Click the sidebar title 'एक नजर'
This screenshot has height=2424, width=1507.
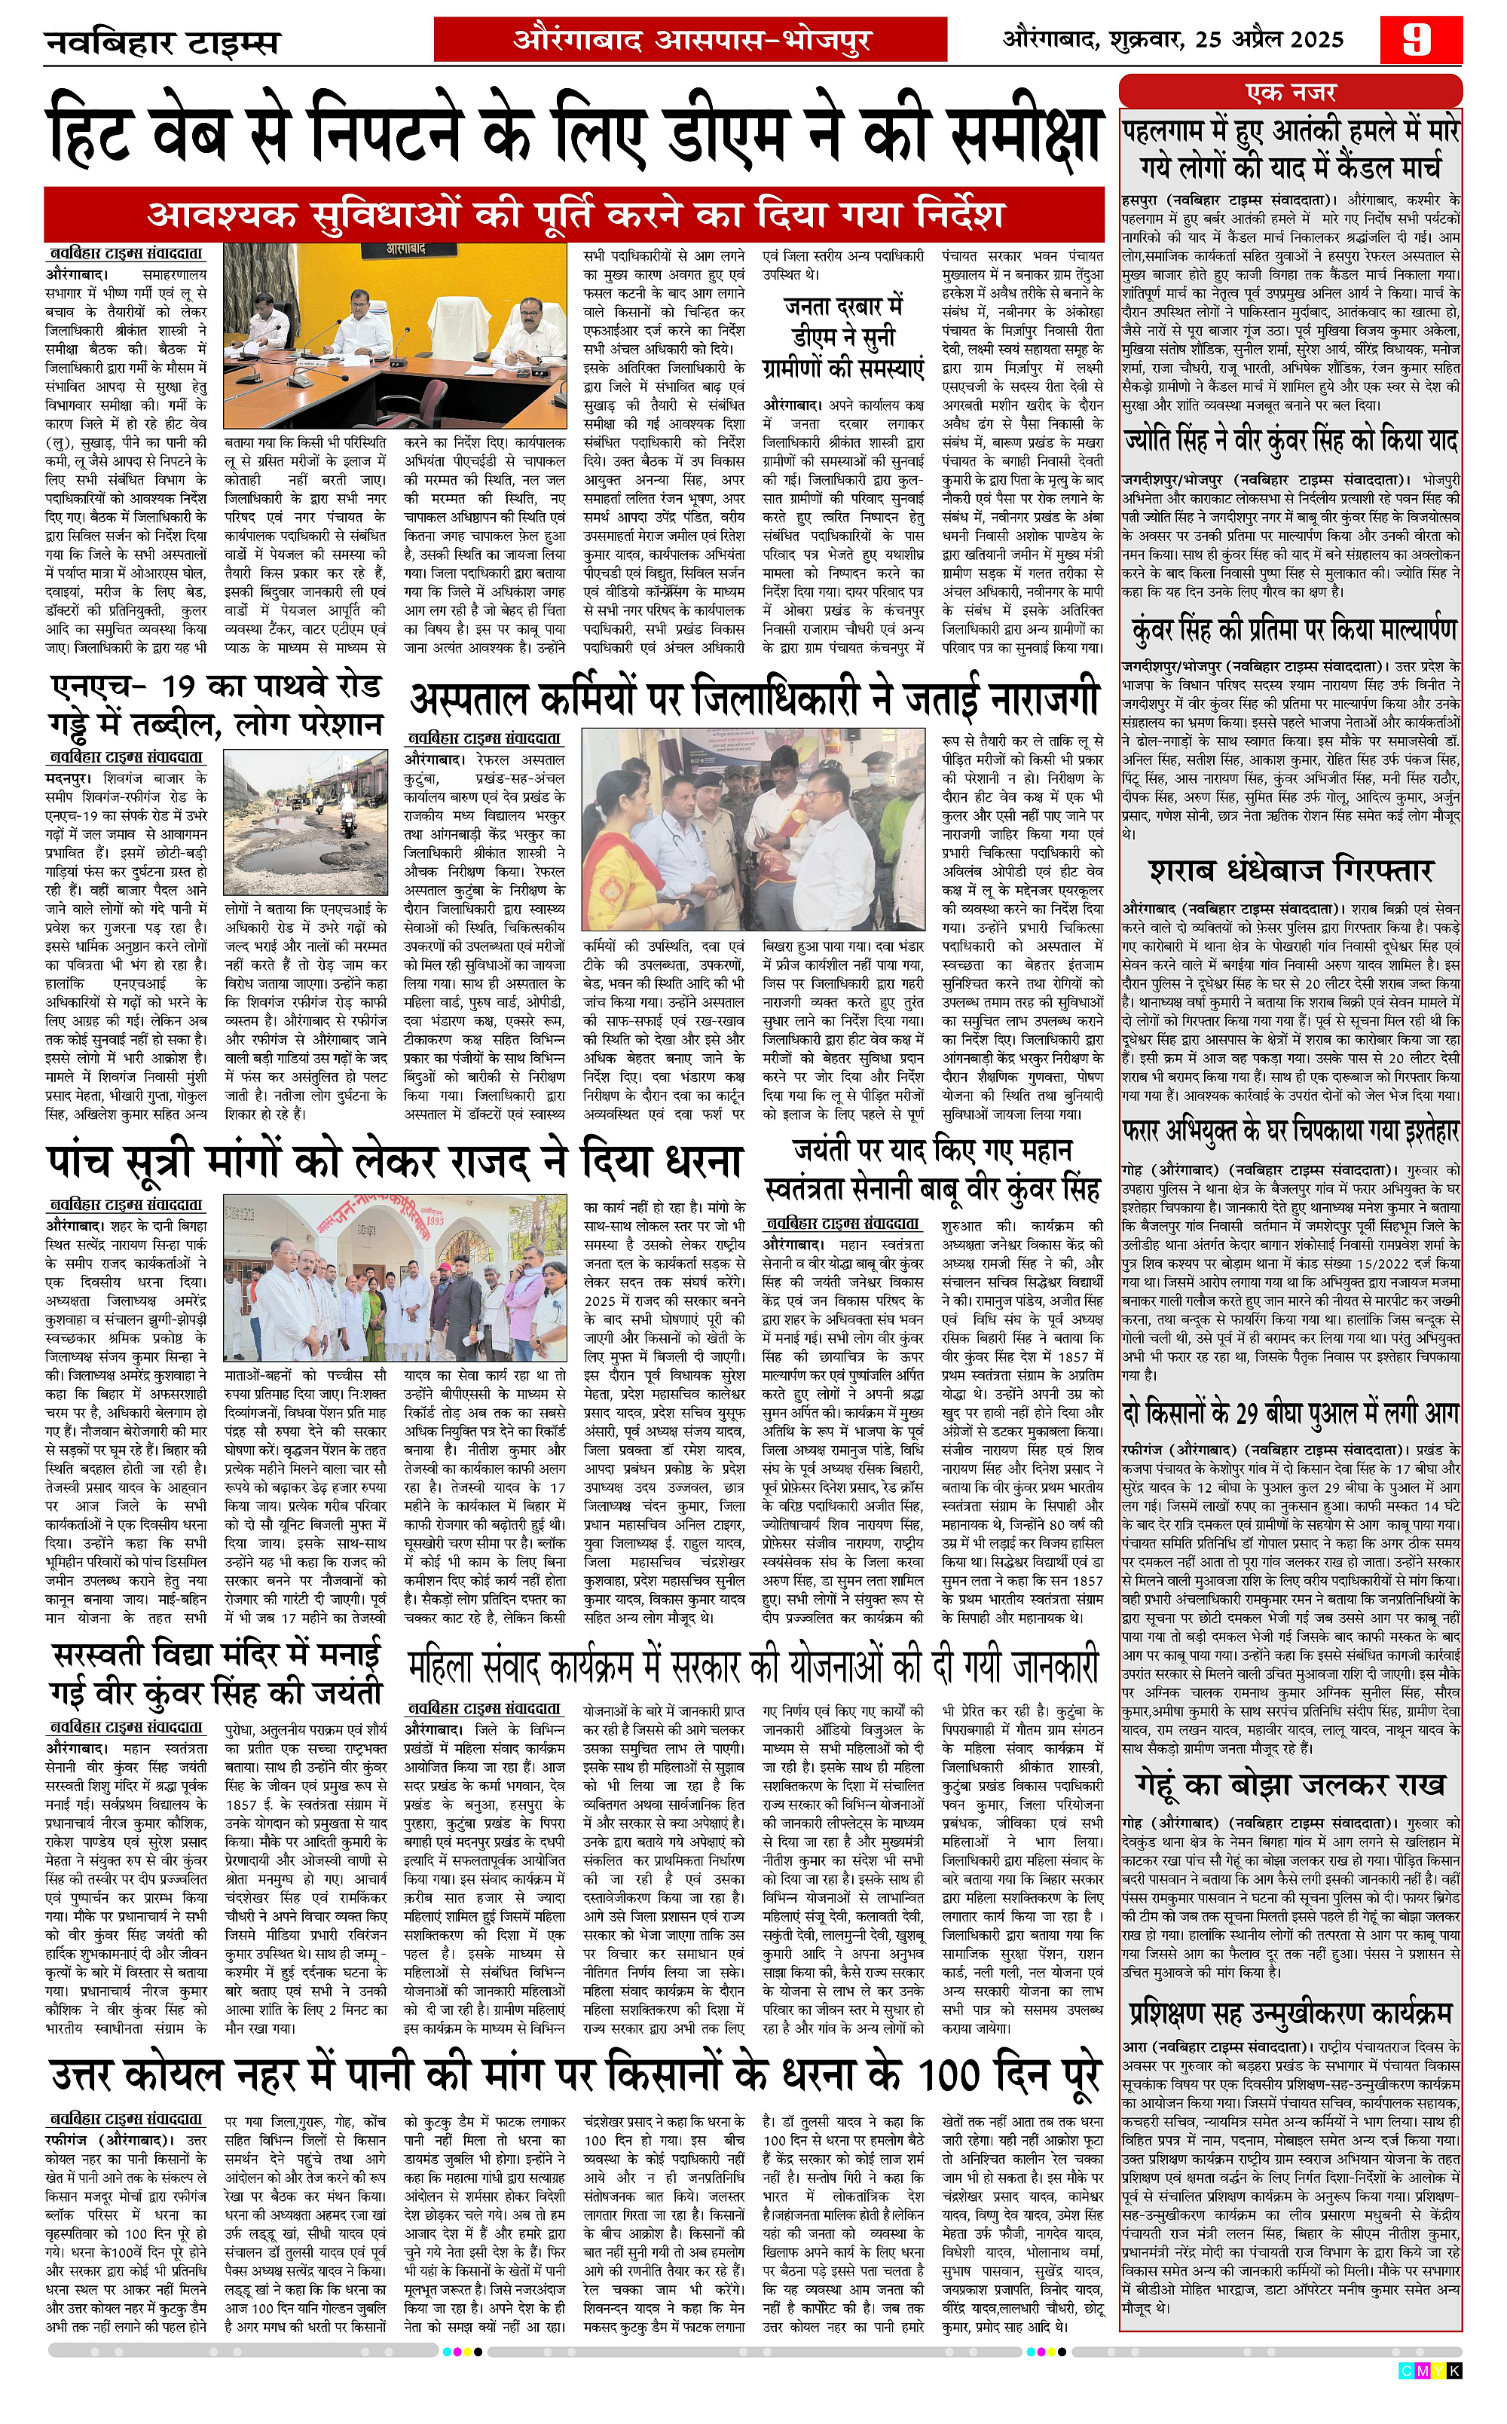pos(1291,93)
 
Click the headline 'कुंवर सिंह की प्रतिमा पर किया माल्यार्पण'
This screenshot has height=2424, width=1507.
pos(1291,630)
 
